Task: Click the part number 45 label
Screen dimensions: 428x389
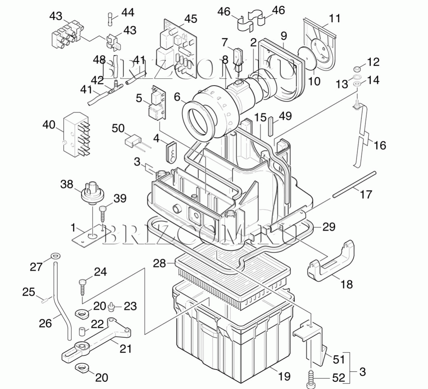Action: tap(190, 19)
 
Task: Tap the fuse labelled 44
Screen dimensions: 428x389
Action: tap(110, 19)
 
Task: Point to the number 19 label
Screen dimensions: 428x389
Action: tap(284, 376)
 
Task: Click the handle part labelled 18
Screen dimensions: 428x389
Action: tap(331, 262)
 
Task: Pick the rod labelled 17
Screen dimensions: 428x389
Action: tap(354, 184)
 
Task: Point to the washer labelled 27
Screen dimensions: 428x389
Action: tap(56, 256)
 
